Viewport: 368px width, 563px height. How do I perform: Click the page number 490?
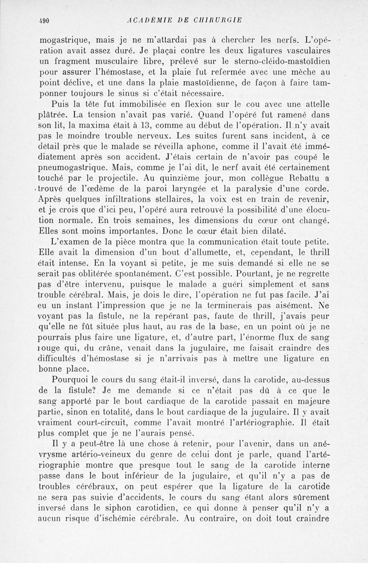(x=44, y=20)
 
